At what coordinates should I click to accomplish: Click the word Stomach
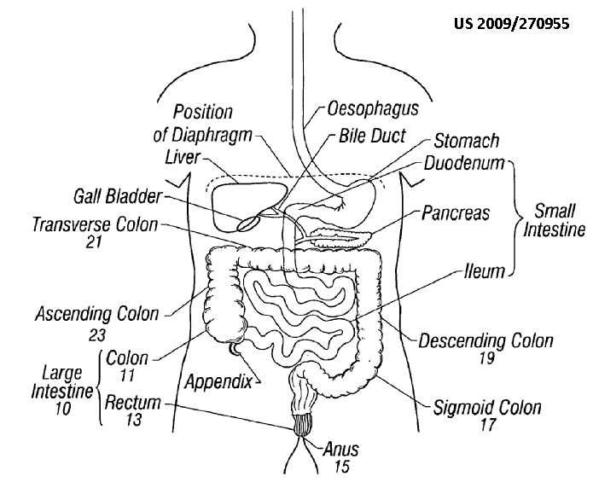tap(467, 141)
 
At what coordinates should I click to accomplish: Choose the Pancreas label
tap(456, 212)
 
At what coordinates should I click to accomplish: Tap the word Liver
tap(184, 156)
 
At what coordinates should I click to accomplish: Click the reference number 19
tap(485, 359)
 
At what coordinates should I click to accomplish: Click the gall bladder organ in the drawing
tap(250, 221)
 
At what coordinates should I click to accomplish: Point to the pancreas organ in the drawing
tap(337, 229)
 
